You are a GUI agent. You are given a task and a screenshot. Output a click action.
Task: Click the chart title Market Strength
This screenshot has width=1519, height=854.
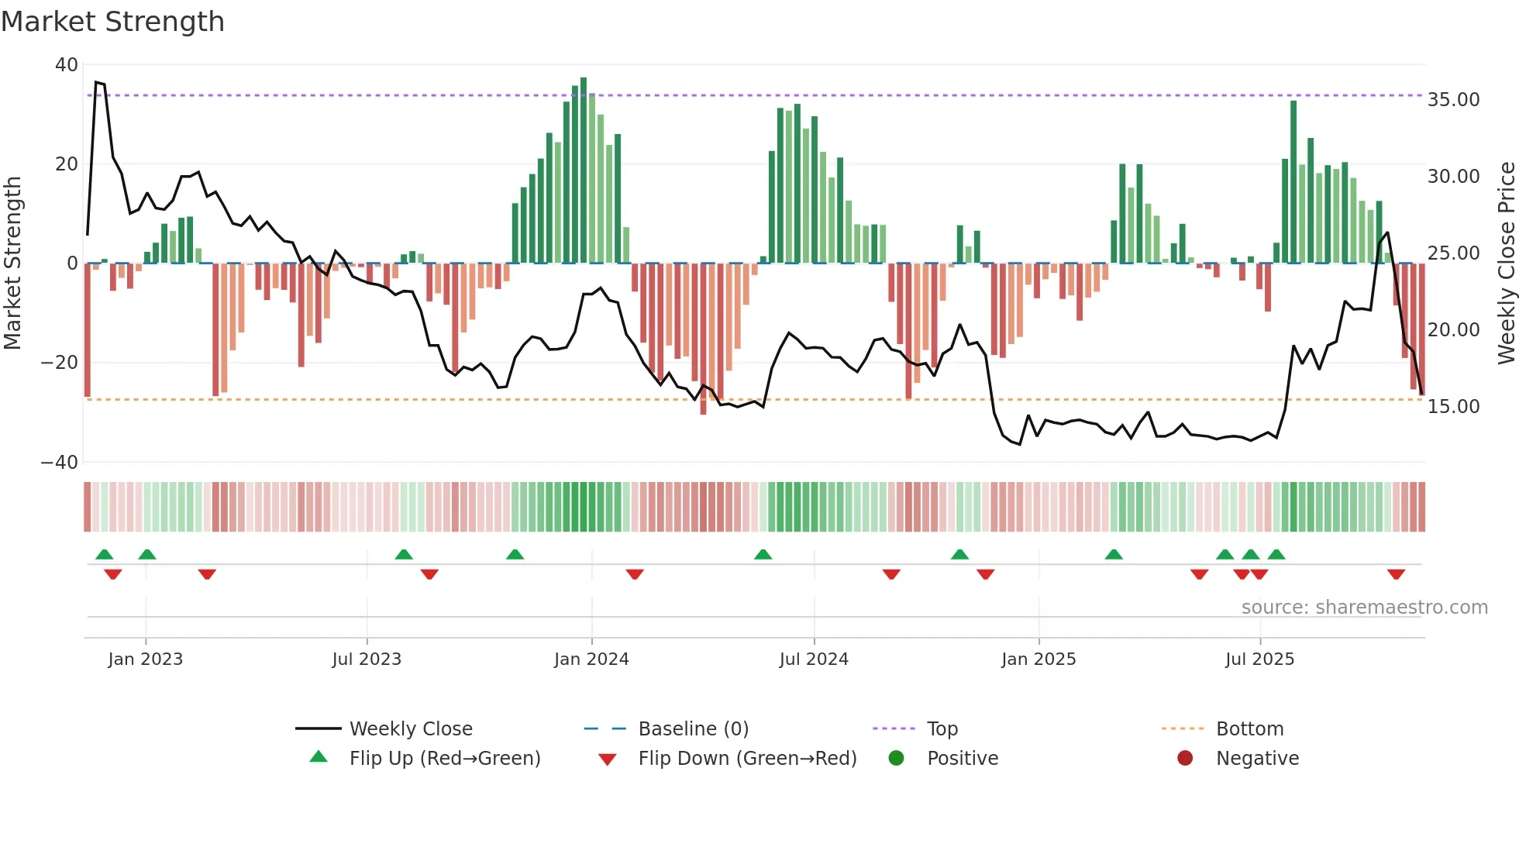click(x=112, y=22)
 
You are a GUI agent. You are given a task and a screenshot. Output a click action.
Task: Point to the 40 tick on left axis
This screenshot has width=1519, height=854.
click(x=67, y=65)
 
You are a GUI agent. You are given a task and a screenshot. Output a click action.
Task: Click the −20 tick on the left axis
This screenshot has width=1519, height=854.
click(x=60, y=363)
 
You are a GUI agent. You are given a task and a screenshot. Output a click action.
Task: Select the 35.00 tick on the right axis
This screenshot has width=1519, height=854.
click(x=1453, y=100)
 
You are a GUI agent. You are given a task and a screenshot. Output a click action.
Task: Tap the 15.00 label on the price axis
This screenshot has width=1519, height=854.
click(x=1453, y=407)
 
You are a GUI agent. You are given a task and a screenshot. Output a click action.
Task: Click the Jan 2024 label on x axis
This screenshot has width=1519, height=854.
click(x=591, y=659)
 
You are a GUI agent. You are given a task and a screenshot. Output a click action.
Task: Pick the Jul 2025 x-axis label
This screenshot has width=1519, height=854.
click(x=1259, y=659)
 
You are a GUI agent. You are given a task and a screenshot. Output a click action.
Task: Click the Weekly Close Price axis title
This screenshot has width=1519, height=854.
click(x=1506, y=263)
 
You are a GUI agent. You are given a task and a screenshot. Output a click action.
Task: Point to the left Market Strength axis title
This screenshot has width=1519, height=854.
click(x=12, y=263)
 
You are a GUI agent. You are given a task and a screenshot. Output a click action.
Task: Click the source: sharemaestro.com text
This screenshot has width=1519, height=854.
click(x=1364, y=608)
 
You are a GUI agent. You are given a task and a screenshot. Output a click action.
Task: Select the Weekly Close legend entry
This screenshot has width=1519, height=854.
click(x=411, y=729)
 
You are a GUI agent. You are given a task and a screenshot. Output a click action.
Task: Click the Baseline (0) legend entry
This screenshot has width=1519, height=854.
click(x=693, y=729)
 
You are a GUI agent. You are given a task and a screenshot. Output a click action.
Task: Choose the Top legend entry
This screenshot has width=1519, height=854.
click(x=942, y=729)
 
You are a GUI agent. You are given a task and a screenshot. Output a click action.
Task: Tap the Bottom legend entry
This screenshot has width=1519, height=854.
click(x=1249, y=729)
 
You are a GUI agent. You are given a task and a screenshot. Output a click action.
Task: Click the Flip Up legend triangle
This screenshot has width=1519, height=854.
click(x=319, y=757)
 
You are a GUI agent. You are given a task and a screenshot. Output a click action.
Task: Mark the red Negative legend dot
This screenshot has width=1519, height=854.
click(x=1185, y=758)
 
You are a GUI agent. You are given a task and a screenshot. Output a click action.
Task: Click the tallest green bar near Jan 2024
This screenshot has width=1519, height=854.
click(x=584, y=170)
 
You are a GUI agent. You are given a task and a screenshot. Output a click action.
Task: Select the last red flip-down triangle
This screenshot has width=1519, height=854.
click(x=1396, y=574)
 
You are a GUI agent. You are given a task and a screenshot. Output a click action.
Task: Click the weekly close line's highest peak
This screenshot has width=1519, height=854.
click(x=96, y=82)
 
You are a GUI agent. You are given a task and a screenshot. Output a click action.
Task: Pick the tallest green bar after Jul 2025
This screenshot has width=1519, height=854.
click(x=1293, y=182)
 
